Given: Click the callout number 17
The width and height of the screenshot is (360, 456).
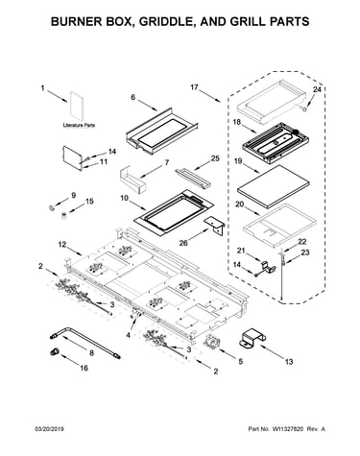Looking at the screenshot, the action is point(194,87).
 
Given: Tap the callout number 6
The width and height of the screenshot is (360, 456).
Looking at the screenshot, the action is point(133,97).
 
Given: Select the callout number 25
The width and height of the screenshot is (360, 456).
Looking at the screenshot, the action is point(215,158).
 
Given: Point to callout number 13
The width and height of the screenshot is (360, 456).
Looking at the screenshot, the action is point(289,362).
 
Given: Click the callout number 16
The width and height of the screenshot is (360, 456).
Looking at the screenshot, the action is point(84,368).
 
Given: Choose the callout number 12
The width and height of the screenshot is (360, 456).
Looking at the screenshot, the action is point(62,245).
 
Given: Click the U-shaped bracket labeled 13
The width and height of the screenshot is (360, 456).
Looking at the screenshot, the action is point(252,340).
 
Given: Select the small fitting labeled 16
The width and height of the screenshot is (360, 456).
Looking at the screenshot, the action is point(54,351).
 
